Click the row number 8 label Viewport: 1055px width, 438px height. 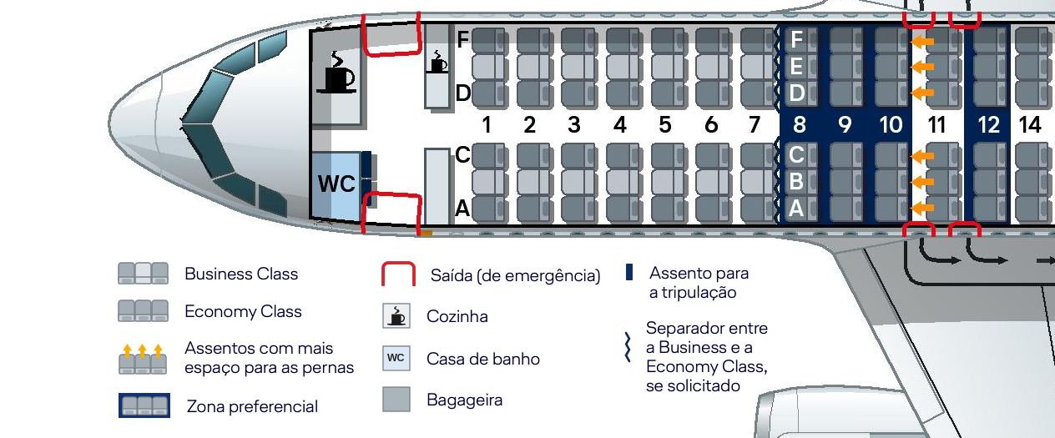click(800, 125)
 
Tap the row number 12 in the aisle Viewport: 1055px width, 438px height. click(989, 125)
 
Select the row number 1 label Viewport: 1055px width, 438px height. click(485, 125)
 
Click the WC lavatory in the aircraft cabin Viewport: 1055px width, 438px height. click(337, 184)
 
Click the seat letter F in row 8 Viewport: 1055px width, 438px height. click(797, 39)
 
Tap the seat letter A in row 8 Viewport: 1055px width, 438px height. click(797, 209)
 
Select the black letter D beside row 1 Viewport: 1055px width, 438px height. click(463, 93)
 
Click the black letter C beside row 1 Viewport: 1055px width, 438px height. click(463, 154)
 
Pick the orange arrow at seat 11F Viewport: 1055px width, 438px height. click(921, 40)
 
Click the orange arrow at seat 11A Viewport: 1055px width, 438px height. click(921, 208)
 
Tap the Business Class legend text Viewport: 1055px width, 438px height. click(241, 274)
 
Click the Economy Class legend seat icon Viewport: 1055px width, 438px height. click(143, 311)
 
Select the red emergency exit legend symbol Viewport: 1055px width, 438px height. click(398, 274)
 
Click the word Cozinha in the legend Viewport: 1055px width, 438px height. click(457, 317)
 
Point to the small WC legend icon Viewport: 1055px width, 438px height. click(396, 358)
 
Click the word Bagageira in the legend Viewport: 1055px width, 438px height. click(465, 400)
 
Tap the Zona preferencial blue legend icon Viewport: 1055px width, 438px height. click(144, 405)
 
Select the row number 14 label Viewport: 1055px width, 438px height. click(1031, 125)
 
